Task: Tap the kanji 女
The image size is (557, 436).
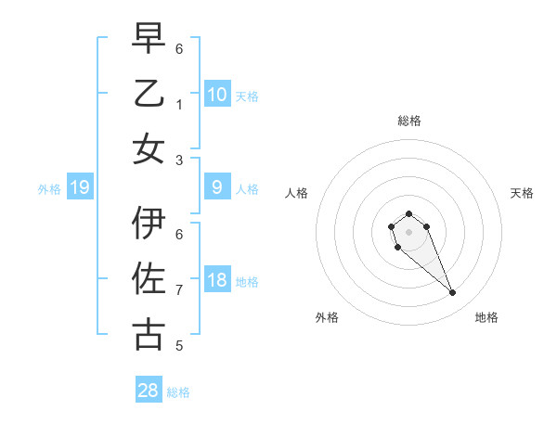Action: [149, 149]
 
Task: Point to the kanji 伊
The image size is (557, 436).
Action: [149, 224]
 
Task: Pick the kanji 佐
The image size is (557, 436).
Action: [149, 279]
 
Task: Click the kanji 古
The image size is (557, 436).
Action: [149, 335]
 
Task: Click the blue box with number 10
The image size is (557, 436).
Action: [216, 94]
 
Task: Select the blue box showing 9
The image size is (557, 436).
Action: [216, 188]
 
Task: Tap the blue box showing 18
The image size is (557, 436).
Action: [216, 281]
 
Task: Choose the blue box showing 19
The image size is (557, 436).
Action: [80, 188]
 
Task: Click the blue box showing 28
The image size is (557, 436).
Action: [149, 391]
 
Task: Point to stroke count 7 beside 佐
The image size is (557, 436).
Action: [179, 290]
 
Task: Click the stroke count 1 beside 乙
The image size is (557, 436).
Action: [179, 105]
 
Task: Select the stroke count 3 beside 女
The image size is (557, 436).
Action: [179, 160]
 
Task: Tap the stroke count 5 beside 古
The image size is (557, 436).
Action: [179, 346]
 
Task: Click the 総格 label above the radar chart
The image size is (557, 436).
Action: [408, 121]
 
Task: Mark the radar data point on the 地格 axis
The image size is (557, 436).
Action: [453, 293]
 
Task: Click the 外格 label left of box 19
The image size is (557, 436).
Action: [49, 189]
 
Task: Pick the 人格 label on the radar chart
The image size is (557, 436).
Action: [296, 193]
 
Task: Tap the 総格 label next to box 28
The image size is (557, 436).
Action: [178, 392]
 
